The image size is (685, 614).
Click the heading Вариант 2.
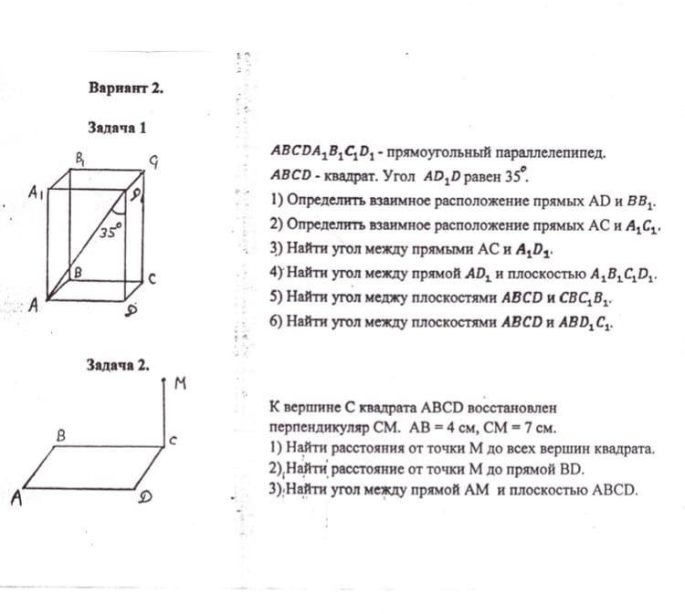coord(126,88)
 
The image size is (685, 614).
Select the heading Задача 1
coord(116,128)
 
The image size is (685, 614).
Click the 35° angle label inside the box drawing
coord(110,232)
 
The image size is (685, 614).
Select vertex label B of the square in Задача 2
coord(62,436)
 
